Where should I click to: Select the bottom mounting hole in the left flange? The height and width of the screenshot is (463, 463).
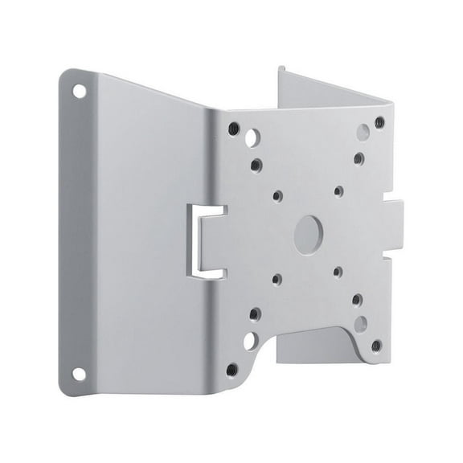(79, 374)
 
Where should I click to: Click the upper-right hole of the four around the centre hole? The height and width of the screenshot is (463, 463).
(339, 191)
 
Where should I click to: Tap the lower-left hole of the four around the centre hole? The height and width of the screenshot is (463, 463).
(277, 279)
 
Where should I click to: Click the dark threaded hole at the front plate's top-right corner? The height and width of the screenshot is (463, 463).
(379, 122)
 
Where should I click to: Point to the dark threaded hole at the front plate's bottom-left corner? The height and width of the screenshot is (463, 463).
(231, 370)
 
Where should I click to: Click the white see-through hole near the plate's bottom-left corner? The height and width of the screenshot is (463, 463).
(249, 341)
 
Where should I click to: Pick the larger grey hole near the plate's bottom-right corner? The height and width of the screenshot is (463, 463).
(361, 323)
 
